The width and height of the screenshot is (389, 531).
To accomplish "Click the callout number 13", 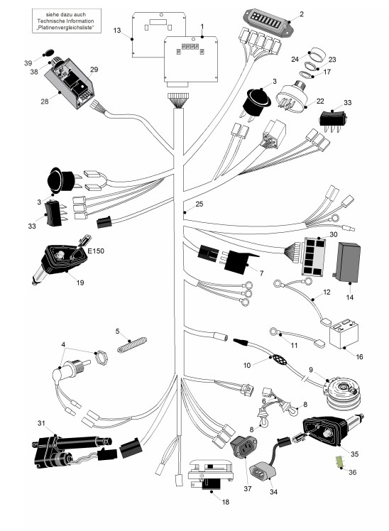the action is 117,31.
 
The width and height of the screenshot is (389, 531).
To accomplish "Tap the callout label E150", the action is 96,251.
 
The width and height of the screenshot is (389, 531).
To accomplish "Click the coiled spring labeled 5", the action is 132,344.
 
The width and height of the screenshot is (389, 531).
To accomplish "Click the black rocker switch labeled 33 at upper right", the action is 332,120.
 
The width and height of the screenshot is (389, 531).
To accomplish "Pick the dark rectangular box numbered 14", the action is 347,262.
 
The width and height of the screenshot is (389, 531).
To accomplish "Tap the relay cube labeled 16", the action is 344,334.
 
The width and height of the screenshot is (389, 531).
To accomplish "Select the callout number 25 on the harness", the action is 199,204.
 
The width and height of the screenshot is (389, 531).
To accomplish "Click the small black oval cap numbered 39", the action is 49,53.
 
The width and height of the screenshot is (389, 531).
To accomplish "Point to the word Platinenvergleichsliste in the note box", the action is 65,28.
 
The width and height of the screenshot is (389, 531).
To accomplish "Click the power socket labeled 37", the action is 243,447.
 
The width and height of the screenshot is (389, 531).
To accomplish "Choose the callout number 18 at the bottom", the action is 226,502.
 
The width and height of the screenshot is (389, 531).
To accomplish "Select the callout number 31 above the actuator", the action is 41,423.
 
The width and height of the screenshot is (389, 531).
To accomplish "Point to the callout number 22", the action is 320,101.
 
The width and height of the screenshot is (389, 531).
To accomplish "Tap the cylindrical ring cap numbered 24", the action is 317,54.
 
